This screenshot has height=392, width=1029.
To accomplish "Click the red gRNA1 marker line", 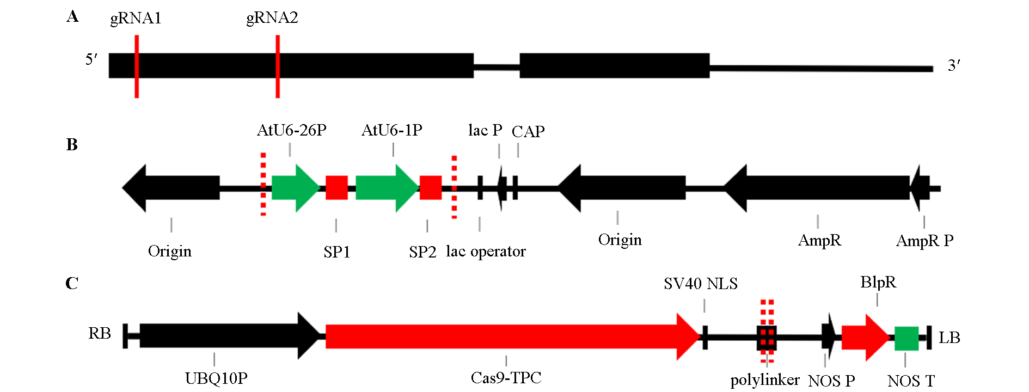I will pyautogui.click(x=137, y=66).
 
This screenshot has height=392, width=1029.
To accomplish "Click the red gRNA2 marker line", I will pyautogui.click(x=278, y=66).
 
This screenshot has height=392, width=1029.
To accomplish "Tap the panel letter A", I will pyautogui.click(x=72, y=17).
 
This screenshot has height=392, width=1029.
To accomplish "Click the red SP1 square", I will pyautogui.click(x=336, y=188).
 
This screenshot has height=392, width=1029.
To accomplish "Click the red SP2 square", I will pyautogui.click(x=431, y=188).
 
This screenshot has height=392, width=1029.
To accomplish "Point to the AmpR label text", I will pyautogui.click(x=819, y=240).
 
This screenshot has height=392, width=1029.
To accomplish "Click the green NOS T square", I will pyautogui.click(x=906, y=338).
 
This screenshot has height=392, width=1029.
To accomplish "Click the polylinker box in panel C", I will pyautogui.click(x=767, y=338).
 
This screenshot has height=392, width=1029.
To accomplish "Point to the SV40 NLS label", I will pyautogui.click(x=701, y=284).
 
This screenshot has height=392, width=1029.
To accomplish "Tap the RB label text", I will pyautogui.click(x=100, y=333).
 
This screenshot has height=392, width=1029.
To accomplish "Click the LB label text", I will pyautogui.click(x=949, y=338).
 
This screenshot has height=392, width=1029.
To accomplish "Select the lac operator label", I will pyautogui.click(x=486, y=252).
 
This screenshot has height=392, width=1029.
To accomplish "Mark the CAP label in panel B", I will pyautogui.click(x=528, y=131).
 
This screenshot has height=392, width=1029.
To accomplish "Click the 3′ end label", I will pyautogui.click(x=954, y=66).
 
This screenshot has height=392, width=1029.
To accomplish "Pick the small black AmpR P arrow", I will pyautogui.click(x=920, y=188).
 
